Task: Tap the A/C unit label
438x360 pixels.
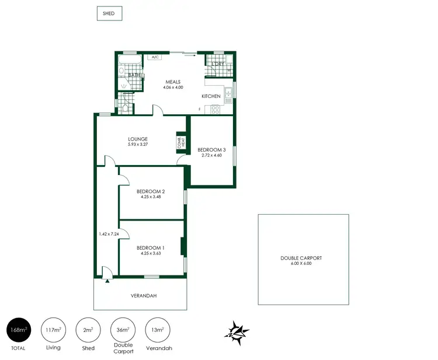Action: [155, 58]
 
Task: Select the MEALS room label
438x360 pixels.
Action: [172, 82]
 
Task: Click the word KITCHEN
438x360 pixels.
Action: [211, 96]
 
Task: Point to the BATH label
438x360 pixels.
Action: [134, 75]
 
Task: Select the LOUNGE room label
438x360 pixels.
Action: [138, 139]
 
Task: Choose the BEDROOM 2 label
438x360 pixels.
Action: [151, 191]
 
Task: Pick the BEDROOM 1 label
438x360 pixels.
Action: [151, 248]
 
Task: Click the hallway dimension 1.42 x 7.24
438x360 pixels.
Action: [109, 234]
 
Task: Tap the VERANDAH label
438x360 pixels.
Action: [142, 295]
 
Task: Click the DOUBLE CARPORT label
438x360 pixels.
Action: [301, 258]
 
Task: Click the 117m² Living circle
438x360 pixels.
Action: [54, 331]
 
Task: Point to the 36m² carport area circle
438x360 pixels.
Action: [123, 331]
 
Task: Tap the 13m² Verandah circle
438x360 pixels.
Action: [158, 331]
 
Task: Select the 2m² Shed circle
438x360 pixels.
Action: [89, 331]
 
